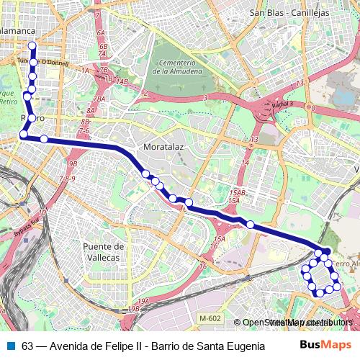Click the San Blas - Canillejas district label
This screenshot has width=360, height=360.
[x=289, y=12]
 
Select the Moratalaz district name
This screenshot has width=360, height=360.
[x=165, y=147]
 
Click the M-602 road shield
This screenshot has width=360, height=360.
[x=211, y=318]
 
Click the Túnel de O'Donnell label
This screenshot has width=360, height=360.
[x=42, y=62]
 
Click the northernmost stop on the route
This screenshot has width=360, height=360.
[x=32, y=46]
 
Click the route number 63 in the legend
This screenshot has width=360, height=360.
[x=27, y=346]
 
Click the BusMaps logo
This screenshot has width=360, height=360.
[x=325, y=346]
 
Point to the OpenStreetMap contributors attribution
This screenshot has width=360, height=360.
[x=296, y=323]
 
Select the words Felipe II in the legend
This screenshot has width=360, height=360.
[x=121, y=346]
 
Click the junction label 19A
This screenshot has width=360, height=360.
[x=143, y=301]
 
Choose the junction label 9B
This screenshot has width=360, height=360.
[x=72, y=164]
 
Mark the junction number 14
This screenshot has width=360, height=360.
[x=245, y=163]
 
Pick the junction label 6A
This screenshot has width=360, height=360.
[x=100, y=33]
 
